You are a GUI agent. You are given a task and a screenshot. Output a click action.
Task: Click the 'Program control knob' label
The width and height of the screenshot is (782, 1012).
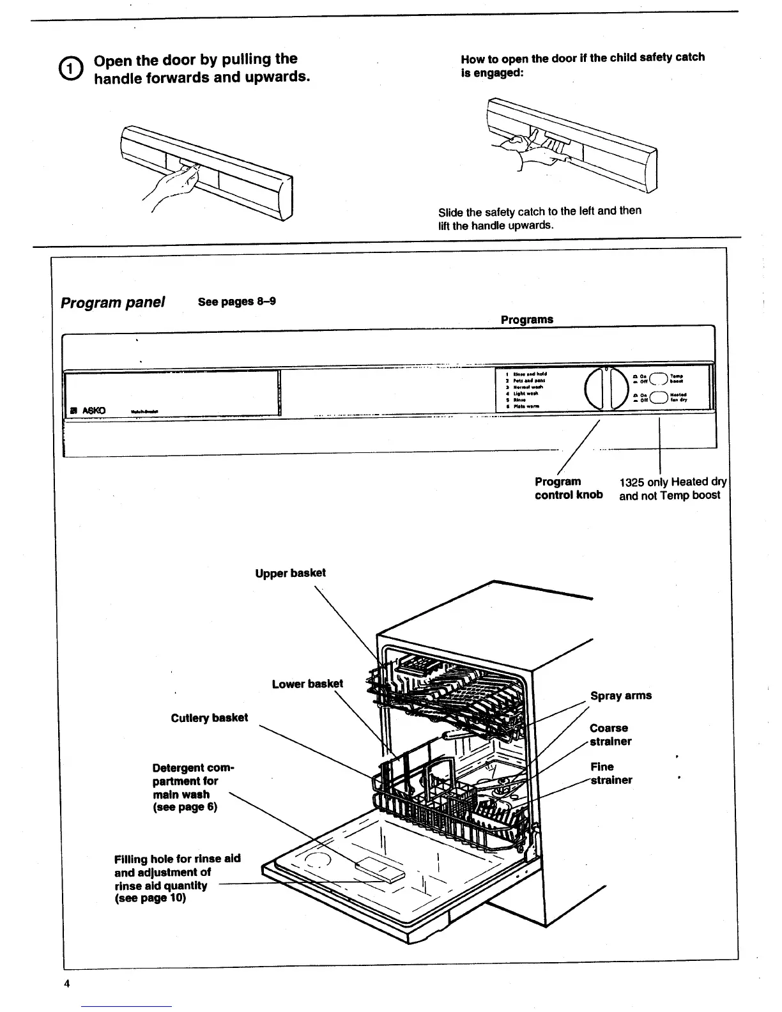(x=568, y=488)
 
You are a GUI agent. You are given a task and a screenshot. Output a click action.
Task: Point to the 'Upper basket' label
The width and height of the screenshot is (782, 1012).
(x=290, y=573)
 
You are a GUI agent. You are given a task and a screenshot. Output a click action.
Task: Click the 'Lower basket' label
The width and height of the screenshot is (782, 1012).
(x=307, y=684)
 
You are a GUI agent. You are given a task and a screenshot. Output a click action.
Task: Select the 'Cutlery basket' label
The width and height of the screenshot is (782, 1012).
(x=209, y=717)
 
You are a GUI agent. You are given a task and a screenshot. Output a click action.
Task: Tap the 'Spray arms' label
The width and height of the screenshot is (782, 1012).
(x=620, y=696)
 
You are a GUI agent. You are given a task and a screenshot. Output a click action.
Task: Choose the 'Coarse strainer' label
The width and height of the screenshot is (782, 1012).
(x=610, y=735)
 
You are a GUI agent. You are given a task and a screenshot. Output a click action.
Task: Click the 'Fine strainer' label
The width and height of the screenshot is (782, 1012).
(x=610, y=773)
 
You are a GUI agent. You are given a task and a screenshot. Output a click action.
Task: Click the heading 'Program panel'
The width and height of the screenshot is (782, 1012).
(x=112, y=302)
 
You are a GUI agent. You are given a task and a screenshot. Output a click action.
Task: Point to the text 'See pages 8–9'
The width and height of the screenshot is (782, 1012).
(x=236, y=302)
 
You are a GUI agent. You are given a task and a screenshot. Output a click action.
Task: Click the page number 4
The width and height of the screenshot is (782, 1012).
(x=66, y=983)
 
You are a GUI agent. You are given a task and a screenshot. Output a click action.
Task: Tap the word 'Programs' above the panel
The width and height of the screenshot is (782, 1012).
(x=526, y=319)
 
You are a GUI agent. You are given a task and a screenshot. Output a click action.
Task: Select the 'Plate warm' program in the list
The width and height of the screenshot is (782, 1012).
(x=525, y=406)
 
